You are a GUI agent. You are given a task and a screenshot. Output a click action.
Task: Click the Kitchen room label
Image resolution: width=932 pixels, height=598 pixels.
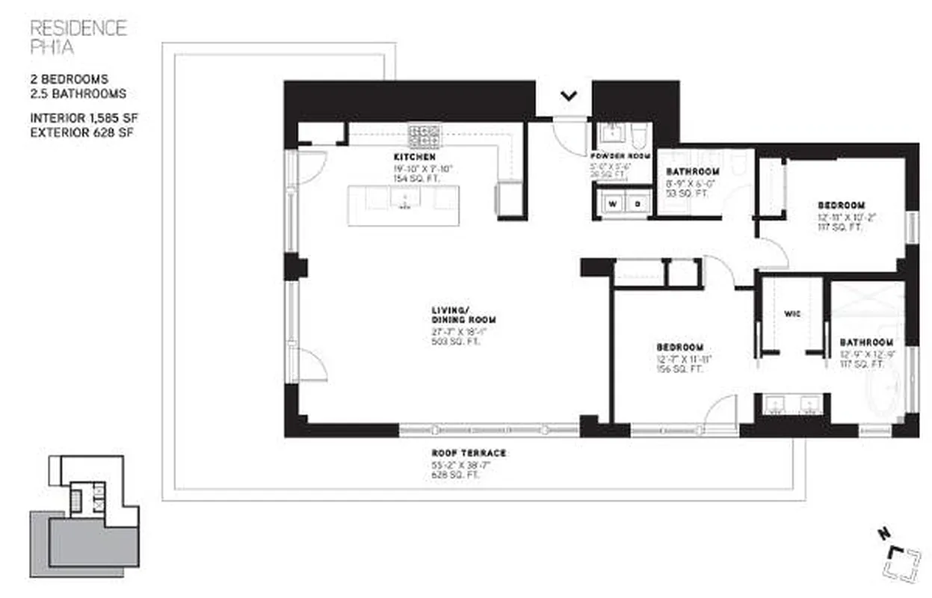coord(415,158)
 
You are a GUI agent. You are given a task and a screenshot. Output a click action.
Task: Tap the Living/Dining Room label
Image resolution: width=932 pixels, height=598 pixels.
coord(463,315)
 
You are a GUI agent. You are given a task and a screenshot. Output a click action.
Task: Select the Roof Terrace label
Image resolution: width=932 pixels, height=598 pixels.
coord(469,453)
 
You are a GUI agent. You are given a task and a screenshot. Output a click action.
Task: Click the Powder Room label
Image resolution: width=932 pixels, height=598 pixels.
coord(622,157)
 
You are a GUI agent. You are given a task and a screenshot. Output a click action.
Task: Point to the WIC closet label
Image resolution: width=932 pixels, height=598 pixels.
coord(792,314)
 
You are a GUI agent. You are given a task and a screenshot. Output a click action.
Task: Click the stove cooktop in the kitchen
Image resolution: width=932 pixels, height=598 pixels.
coord(423,136)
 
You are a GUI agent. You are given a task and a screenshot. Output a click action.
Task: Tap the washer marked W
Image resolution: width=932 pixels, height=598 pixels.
coord(612,203)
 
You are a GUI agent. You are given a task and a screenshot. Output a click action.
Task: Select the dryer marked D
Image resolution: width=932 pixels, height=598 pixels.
coord(638,203)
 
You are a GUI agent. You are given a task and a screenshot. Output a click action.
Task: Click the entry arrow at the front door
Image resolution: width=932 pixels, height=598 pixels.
coord(570,95)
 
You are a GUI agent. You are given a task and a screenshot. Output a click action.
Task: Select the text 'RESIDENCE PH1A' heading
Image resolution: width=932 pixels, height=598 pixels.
coord(78,37)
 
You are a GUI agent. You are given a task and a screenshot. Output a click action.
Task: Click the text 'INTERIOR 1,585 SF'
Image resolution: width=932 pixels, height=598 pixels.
coord(84,118)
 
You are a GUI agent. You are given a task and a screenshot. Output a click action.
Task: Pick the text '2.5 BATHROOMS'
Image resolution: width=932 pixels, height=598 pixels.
coord(78,94)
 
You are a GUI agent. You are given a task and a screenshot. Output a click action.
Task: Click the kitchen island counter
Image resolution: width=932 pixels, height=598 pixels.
coord(404,205)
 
